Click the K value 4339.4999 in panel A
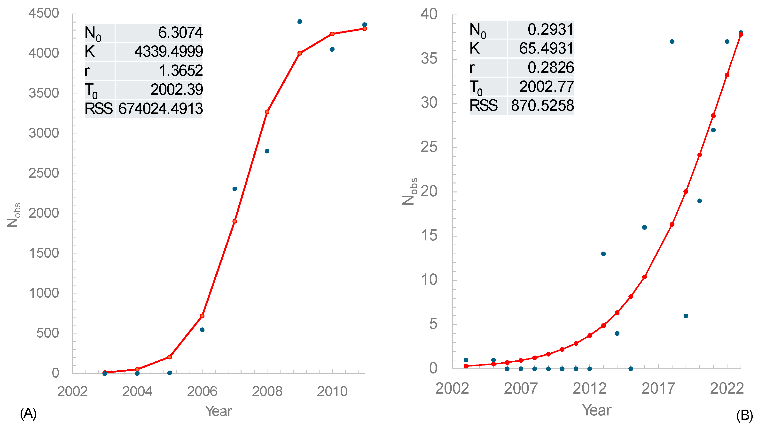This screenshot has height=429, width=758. [168, 51]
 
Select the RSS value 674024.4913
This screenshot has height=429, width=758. [161, 108]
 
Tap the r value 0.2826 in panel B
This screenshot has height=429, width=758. [550, 67]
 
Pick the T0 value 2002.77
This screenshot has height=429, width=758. [546, 86]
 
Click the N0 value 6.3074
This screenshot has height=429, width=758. [180, 32]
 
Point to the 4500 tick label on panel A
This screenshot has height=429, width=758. [44, 13]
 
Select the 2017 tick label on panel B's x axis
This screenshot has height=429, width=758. [658, 389]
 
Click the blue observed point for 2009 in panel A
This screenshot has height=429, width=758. [299, 22]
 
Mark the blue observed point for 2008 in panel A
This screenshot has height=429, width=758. [267, 151]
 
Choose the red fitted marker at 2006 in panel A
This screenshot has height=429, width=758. [202, 316]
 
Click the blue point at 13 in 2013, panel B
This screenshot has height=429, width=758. [603, 254]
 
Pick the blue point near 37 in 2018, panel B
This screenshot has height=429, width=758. [672, 41]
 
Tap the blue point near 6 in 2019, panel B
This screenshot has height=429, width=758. [686, 316]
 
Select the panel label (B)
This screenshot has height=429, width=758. [744, 415]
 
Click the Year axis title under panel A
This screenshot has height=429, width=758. [218, 411]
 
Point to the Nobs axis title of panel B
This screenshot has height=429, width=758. [410, 191]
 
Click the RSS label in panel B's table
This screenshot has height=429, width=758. [483, 105]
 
